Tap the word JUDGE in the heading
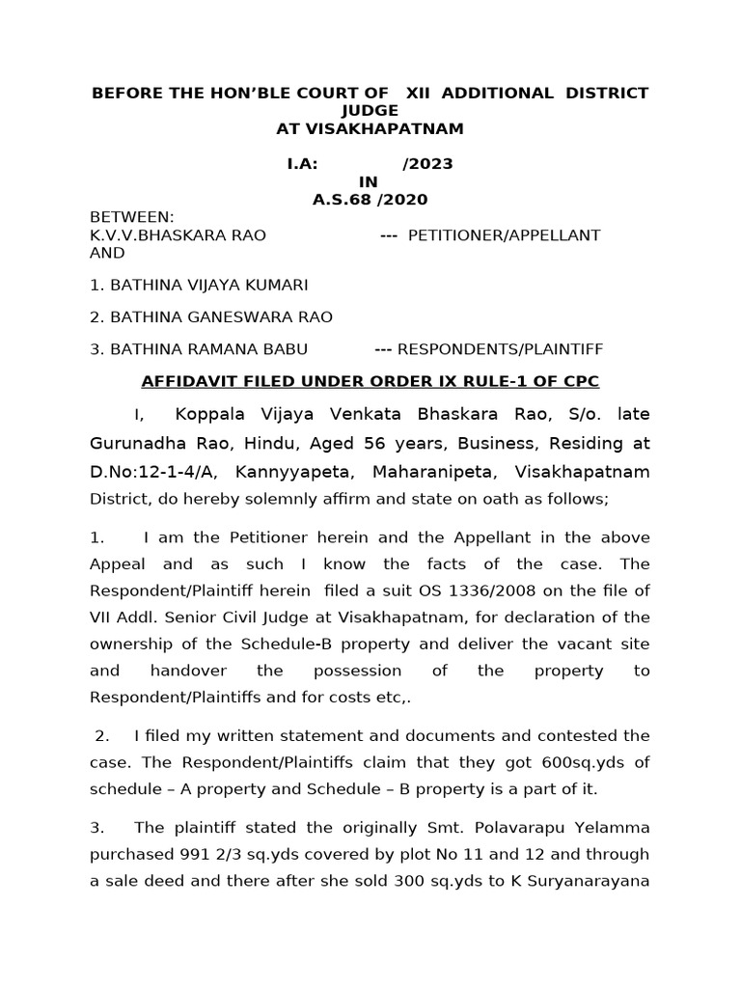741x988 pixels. click(370, 111)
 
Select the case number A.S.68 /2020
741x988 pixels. click(370, 200)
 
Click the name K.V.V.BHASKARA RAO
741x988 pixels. click(178, 235)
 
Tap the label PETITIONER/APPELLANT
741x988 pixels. click(505, 235)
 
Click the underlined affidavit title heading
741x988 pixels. click(370, 382)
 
